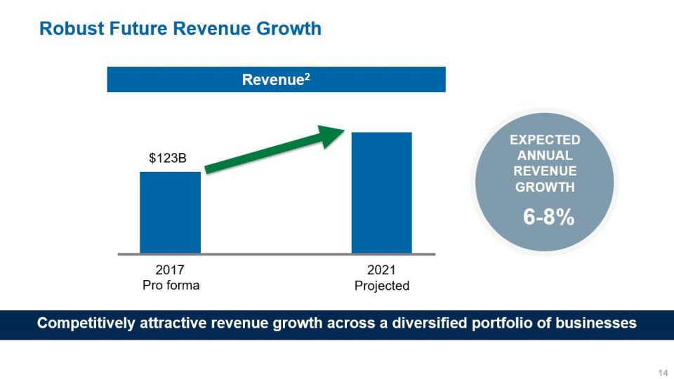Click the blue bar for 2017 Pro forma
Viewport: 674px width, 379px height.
pyautogui.click(x=170, y=212)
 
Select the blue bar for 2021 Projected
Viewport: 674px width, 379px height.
pyautogui.click(x=381, y=192)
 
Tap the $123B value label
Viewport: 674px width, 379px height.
pyautogui.click(x=168, y=159)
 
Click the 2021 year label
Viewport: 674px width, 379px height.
pyautogui.click(x=381, y=270)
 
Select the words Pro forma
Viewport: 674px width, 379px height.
pyautogui.click(x=171, y=286)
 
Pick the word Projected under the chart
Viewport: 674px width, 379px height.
pyautogui.click(x=381, y=286)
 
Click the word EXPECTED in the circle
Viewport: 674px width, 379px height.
pyautogui.click(x=545, y=140)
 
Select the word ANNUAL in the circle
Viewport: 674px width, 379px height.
pyautogui.click(x=545, y=156)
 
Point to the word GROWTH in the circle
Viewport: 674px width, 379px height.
pyautogui.click(x=545, y=187)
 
